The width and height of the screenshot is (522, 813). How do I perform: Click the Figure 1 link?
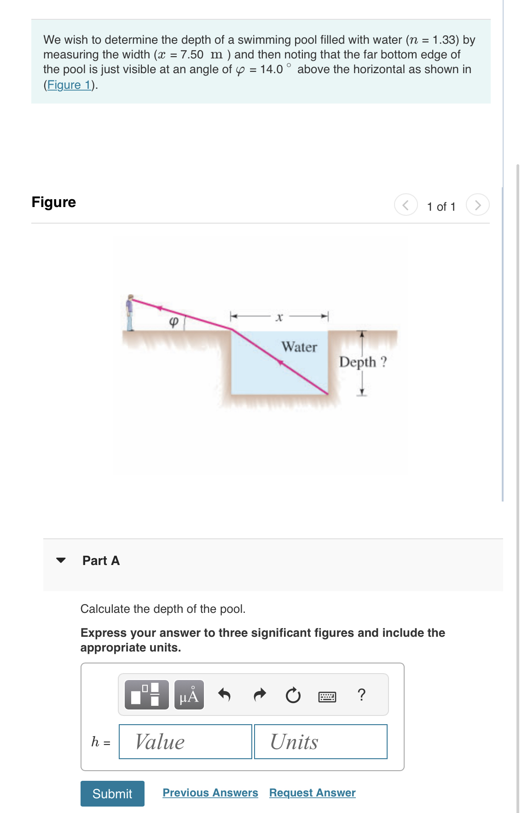pos(69,85)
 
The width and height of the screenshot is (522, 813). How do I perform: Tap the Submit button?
pos(112,794)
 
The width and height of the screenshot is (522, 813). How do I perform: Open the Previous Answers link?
pos(210,793)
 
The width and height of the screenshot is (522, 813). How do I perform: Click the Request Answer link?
pos(312,793)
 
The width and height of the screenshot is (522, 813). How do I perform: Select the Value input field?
pos(186,742)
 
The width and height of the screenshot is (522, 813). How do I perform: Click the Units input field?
pos(320,742)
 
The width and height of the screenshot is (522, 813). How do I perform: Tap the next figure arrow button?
pos(477,205)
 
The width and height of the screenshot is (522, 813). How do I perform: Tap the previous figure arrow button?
pos(406,205)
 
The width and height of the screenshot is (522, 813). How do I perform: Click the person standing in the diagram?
pos(130,313)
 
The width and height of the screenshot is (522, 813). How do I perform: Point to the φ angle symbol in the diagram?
pos(174,321)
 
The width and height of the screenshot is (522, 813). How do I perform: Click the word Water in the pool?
pos(299,347)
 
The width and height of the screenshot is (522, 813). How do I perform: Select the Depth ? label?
pos(363,362)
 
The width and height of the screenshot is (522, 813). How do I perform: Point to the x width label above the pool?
pos(279,317)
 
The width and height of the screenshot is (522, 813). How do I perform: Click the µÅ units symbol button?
pos(189,695)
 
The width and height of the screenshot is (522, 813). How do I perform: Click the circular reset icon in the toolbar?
pos(293,695)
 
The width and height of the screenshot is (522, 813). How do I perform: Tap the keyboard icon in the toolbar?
pos(327,697)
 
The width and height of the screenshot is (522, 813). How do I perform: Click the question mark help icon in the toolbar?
pos(362,694)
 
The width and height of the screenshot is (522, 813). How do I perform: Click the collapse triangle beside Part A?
pos(61,560)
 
